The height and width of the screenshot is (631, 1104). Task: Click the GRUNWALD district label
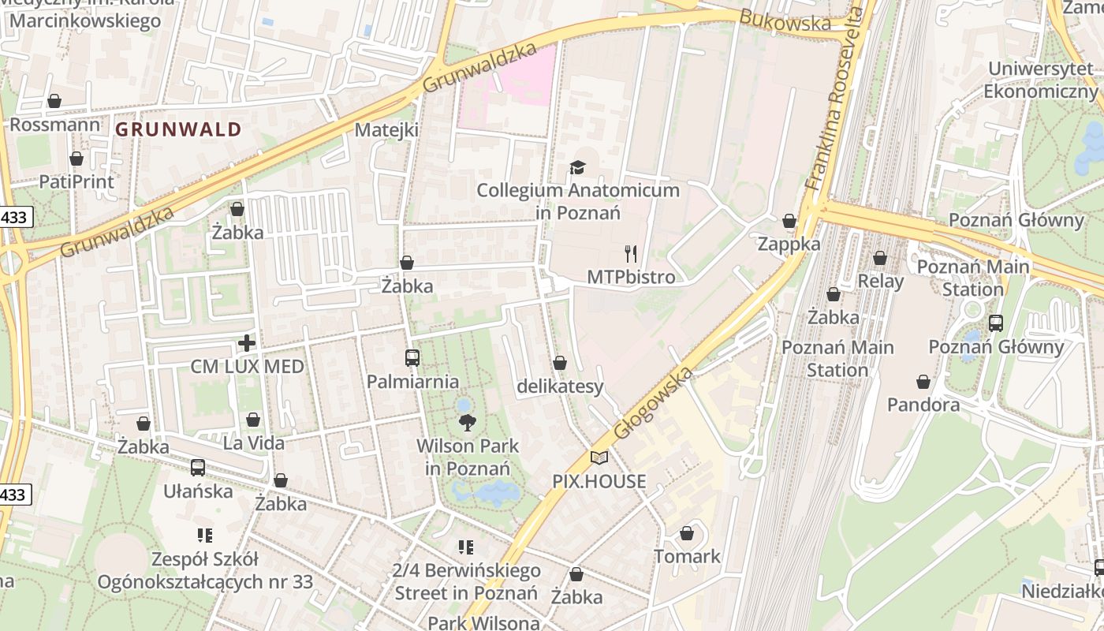coord(178,129)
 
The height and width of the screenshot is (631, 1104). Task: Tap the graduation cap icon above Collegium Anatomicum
coord(578,167)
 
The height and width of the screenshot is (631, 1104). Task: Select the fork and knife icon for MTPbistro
coord(631,253)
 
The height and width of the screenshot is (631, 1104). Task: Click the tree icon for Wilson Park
coord(468,422)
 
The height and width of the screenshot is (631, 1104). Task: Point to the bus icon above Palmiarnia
coord(412,358)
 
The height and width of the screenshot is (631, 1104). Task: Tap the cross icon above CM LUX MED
coord(247,343)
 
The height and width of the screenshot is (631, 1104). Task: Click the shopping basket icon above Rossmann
coord(54,101)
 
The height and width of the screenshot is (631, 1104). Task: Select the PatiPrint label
coord(76,181)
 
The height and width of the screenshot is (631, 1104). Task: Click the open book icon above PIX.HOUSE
coord(599,457)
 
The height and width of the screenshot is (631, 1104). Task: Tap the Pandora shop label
coord(923,405)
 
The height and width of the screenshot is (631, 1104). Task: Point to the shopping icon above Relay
coord(880,258)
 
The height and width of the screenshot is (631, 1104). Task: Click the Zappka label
coord(789,244)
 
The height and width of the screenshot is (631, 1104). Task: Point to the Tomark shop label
coord(687,556)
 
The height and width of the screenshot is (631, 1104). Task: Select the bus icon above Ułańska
coord(198,467)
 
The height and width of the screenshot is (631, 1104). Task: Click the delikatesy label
coord(560,386)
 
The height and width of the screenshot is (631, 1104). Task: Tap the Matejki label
coord(386,130)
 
